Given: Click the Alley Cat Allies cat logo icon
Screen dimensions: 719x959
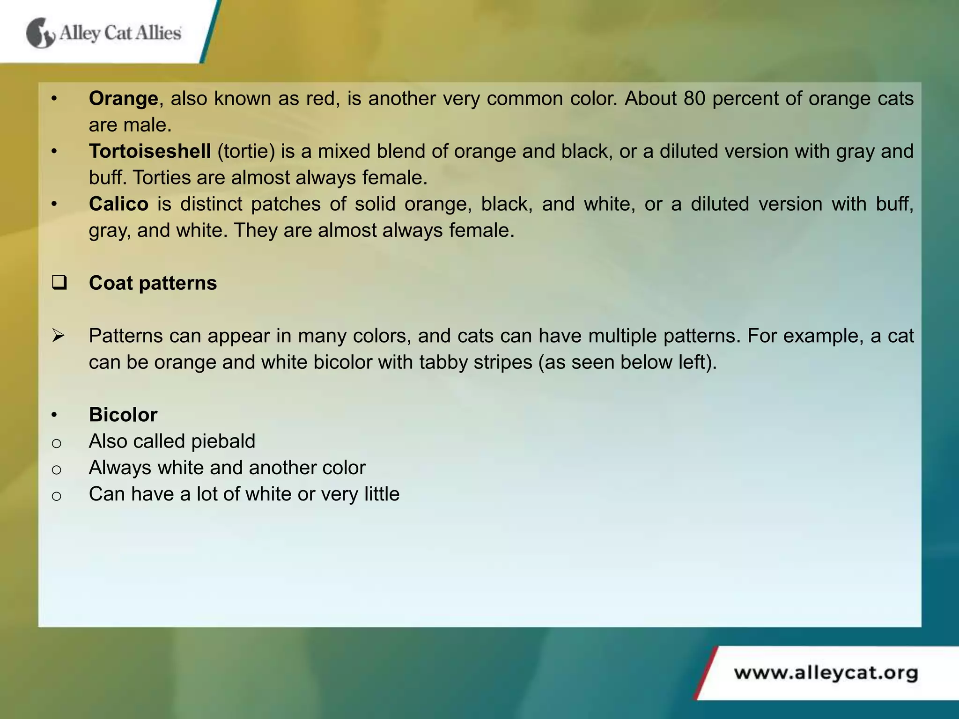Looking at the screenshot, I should coord(40,33).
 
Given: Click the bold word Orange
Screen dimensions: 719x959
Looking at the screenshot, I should coord(124,99).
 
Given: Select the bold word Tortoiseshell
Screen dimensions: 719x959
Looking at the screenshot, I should coord(150,152).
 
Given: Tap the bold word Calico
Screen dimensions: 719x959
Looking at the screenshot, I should coord(119,204).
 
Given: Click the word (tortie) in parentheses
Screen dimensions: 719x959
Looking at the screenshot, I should coord(246,152).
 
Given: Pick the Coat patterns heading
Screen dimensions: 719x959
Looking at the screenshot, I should coord(153,283).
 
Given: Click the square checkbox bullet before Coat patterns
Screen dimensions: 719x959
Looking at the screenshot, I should coord(59,283).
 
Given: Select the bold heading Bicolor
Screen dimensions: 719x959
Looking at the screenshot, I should coord(123,415).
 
